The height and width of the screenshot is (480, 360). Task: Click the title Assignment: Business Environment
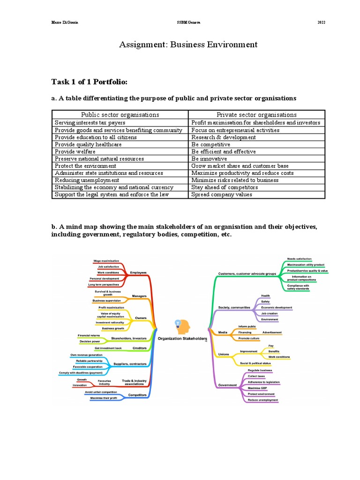click(x=188, y=45)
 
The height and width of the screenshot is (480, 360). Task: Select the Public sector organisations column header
click(x=120, y=114)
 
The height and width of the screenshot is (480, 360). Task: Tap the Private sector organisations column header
click(x=256, y=114)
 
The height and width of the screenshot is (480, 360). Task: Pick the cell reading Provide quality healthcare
click(x=88, y=144)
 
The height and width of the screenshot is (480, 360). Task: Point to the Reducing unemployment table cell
click(x=87, y=180)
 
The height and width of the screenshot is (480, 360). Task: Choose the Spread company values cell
click(x=222, y=194)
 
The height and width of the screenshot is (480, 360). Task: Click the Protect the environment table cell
click(x=85, y=166)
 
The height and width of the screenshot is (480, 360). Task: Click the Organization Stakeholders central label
click(x=182, y=338)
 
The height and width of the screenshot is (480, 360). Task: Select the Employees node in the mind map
click(x=138, y=272)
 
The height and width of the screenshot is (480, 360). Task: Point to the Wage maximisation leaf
click(x=106, y=261)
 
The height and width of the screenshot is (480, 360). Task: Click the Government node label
click(x=227, y=385)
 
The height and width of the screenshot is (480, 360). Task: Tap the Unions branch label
click(x=224, y=353)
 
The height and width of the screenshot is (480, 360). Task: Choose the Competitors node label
click(x=137, y=395)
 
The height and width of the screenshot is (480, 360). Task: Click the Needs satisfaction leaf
click(x=299, y=259)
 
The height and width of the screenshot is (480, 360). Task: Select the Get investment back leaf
click(x=108, y=348)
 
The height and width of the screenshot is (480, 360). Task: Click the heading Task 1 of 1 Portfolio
click(x=89, y=82)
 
